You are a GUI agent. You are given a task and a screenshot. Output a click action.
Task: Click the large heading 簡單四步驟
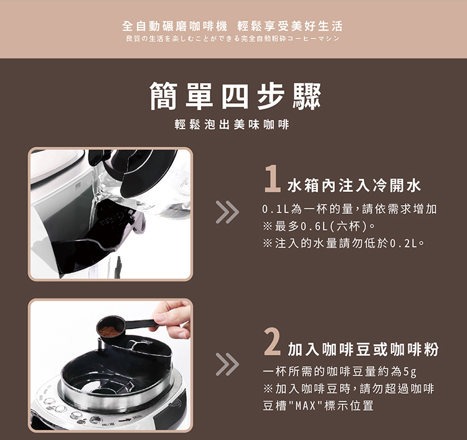(235, 96)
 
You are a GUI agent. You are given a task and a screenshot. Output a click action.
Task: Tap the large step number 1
(272, 178)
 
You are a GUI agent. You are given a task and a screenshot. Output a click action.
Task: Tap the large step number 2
(272, 342)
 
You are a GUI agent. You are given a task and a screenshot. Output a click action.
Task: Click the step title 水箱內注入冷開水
(354, 186)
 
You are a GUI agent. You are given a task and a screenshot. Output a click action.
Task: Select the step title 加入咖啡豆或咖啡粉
(363, 349)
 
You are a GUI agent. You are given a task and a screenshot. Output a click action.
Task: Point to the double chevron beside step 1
(227, 213)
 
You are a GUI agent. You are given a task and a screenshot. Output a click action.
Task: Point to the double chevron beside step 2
(227, 364)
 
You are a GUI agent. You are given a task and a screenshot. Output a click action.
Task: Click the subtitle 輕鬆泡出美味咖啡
(232, 124)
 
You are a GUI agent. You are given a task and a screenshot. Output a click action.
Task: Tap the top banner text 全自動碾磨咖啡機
(174, 26)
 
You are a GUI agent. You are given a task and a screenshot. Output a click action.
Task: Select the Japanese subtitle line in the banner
(233, 39)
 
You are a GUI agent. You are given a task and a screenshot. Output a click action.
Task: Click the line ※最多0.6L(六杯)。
(319, 227)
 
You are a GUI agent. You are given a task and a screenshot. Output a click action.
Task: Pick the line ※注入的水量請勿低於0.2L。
(343, 244)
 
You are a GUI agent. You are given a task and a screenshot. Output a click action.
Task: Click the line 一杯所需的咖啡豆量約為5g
(339, 371)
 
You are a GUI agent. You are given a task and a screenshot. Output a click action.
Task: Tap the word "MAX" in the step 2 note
(305, 406)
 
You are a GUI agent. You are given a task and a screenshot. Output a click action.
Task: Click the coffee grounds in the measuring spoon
(110, 331)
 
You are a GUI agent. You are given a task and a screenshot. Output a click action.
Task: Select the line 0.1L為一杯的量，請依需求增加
(350, 209)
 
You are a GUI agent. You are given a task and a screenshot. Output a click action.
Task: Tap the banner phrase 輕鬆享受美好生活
(290, 26)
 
